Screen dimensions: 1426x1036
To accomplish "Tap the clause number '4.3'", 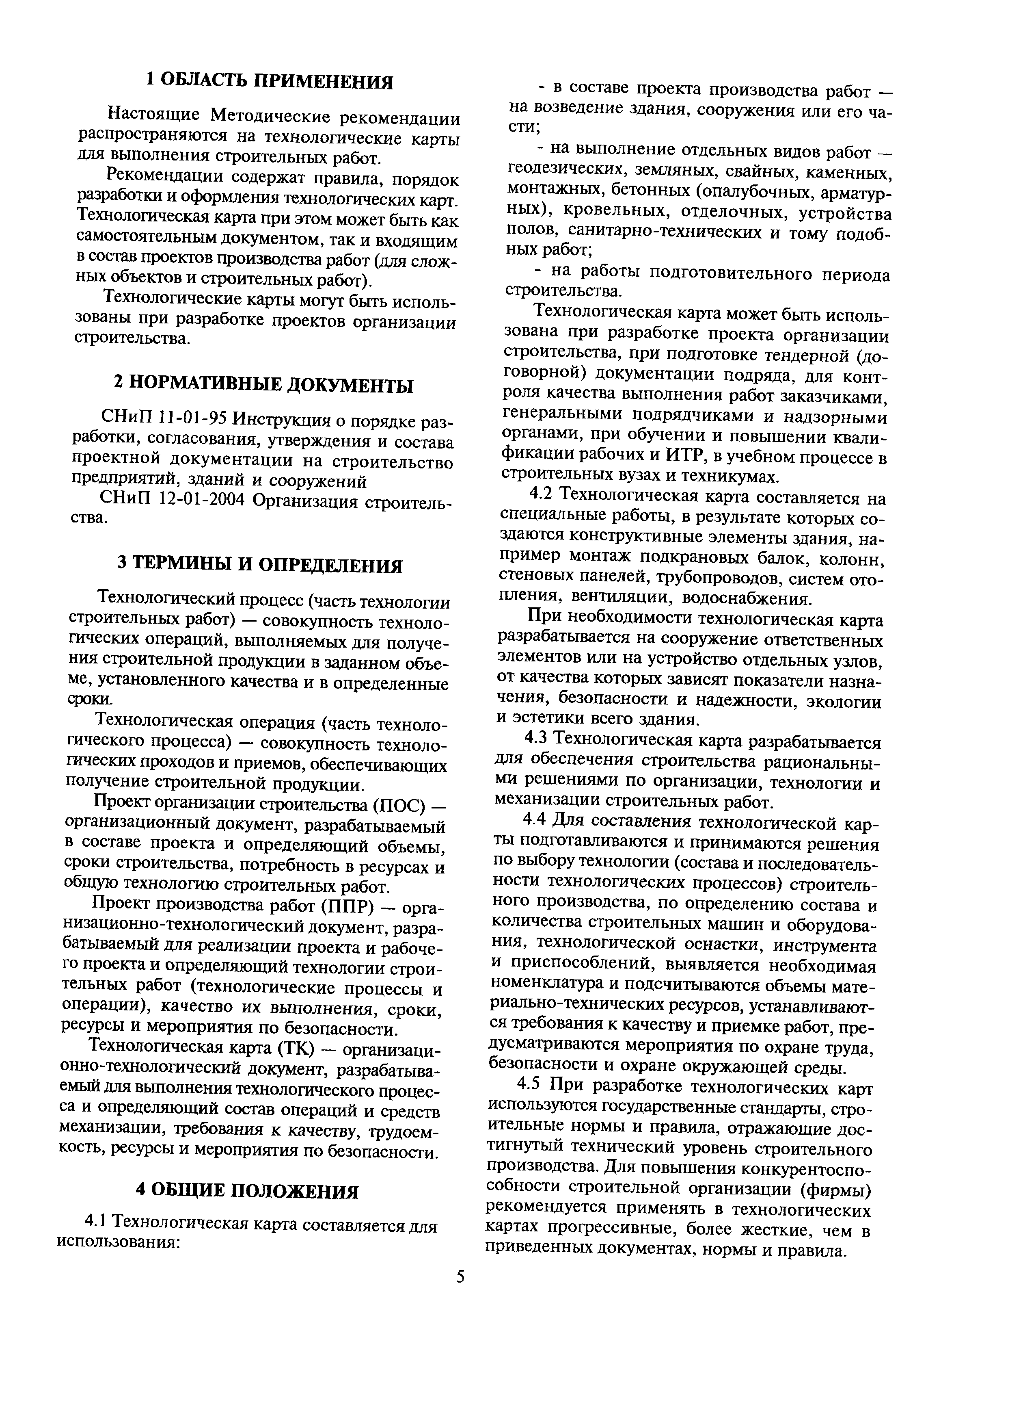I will (538, 743).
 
